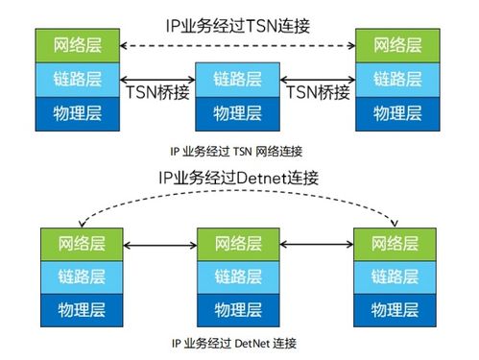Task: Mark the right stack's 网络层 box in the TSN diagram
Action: click(395, 44)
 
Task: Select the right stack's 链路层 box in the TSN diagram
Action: click(395, 78)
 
